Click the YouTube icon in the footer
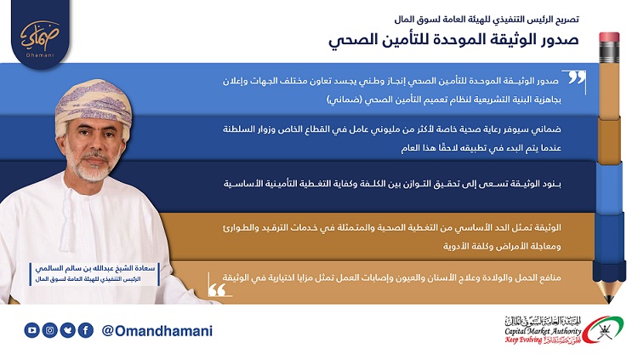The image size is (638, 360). [x=31, y=330]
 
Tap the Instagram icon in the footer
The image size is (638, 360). [x=49, y=330]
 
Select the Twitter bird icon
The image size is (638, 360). [x=67, y=330]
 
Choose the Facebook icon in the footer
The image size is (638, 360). [x=85, y=330]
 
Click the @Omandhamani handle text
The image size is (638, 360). [x=157, y=331]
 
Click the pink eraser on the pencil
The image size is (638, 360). [x=609, y=37]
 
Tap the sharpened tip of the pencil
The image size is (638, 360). [x=609, y=300]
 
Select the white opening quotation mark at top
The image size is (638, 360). [x=577, y=77]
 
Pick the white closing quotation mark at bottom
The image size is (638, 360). [x=217, y=289]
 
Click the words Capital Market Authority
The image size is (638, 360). [x=543, y=331]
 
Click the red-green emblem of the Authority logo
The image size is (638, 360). [x=603, y=330]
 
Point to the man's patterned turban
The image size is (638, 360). [x=94, y=104]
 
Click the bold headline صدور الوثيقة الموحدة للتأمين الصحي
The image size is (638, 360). [x=453, y=40]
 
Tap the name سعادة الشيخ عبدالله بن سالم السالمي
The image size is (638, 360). [x=94, y=268]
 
